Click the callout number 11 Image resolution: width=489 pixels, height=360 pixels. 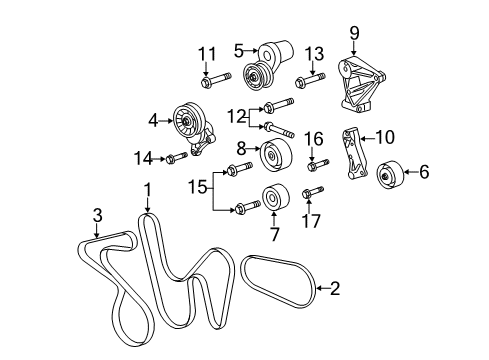tap(206, 52)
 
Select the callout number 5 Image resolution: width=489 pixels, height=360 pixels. tap(239, 47)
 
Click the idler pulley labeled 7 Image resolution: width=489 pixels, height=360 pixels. tap(271, 198)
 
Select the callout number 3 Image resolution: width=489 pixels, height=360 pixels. tap(96, 214)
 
